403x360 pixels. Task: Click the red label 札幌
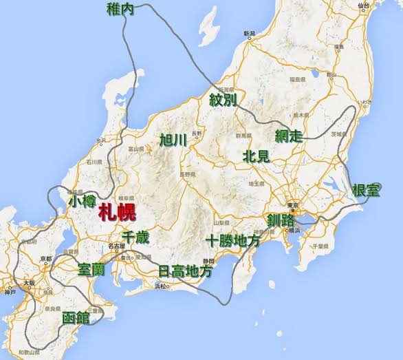117,213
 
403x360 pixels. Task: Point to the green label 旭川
173,140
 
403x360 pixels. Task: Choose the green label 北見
256,156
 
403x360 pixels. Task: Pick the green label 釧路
281,221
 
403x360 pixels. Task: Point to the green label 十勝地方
233,242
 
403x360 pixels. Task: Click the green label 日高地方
185,271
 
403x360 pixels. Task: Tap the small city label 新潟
249,34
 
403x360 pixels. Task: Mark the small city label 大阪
28,282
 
